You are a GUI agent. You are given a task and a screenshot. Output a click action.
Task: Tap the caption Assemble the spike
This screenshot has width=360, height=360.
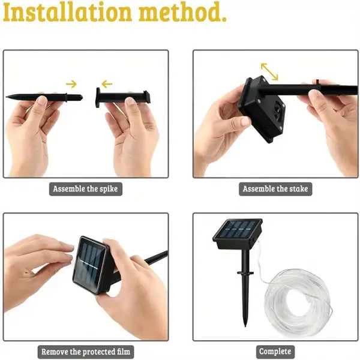[85, 189]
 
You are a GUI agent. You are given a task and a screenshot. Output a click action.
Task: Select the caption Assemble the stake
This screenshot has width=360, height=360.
[275, 189]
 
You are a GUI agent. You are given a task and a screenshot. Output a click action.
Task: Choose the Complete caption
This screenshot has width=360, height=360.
[275, 352]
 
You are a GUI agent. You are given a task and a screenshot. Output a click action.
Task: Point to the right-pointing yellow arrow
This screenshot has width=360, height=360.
[71, 84]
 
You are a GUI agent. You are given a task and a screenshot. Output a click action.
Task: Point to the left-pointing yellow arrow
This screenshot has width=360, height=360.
[107, 84]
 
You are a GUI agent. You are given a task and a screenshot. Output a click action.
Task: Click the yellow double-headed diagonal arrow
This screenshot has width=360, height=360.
[269, 71]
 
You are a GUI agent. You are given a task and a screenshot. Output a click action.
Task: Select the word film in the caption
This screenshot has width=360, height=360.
[122, 352]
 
